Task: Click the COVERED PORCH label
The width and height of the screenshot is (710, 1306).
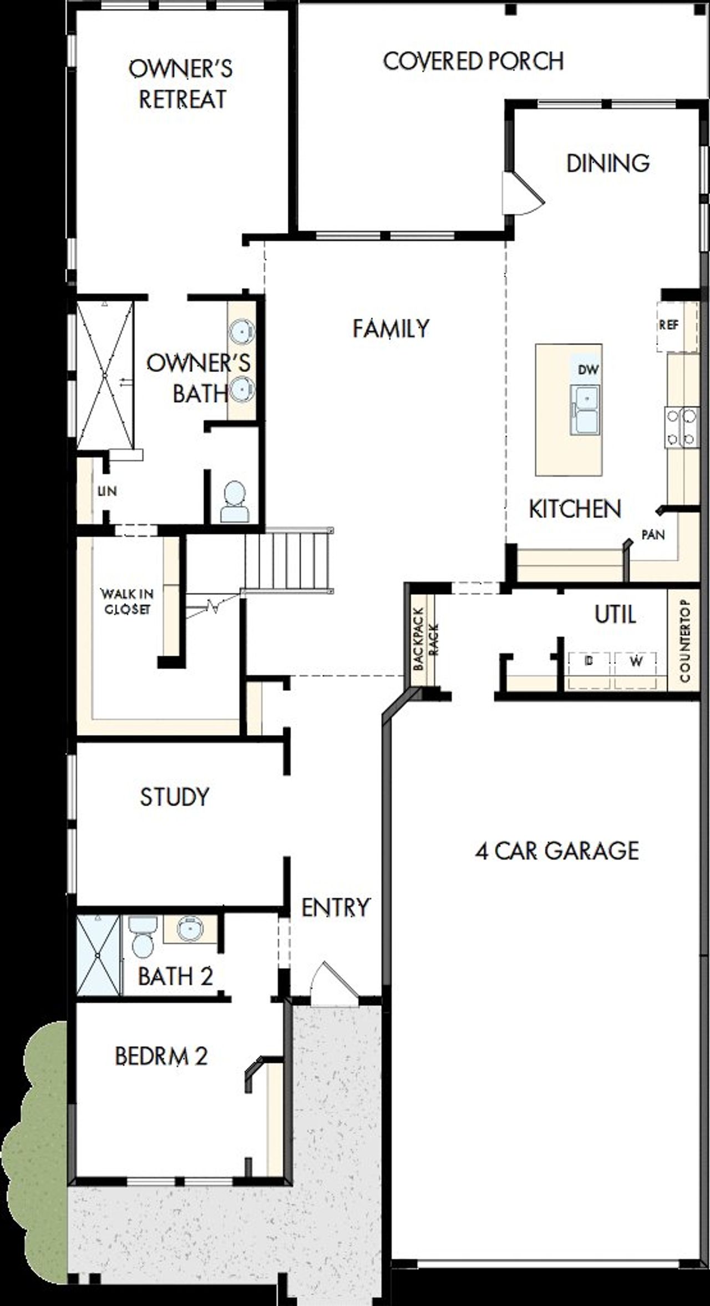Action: [473, 61]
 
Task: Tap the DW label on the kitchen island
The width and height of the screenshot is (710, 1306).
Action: [588, 370]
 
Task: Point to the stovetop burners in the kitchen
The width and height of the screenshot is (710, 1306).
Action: [681, 427]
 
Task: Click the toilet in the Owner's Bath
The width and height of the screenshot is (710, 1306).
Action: [234, 502]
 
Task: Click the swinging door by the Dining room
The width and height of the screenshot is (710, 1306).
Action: [523, 193]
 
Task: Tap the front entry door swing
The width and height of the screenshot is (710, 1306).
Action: [331, 984]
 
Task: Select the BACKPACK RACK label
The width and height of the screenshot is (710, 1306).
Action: [425, 639]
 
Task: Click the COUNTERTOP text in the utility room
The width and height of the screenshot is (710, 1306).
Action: [684, 641]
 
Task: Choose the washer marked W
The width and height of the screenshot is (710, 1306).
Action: [636, 661]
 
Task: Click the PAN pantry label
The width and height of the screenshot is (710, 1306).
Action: [653, 535]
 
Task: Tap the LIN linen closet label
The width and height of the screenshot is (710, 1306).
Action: [107, 491]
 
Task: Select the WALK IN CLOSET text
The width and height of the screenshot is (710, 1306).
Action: [127, 601]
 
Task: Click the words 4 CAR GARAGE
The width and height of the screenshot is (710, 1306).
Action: [556, 851]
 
